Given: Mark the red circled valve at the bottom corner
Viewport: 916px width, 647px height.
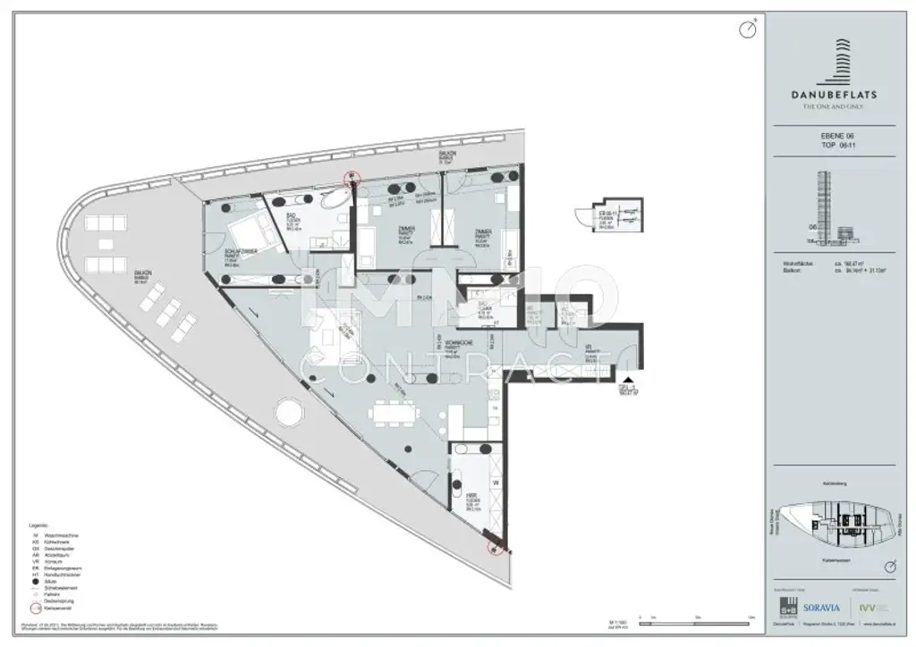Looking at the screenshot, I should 493,546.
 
